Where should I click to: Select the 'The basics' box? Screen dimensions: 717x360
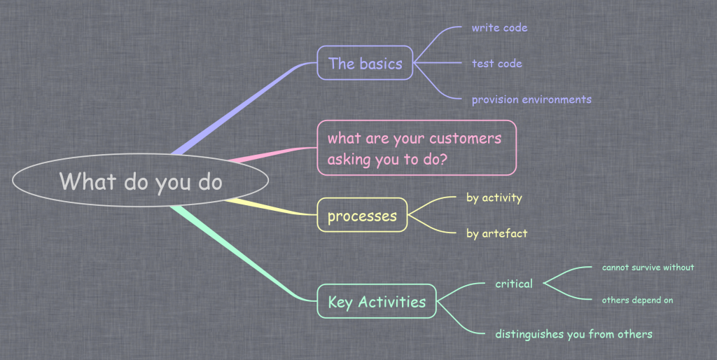pos(365,63)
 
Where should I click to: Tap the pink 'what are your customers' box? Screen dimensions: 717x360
pos(417,148)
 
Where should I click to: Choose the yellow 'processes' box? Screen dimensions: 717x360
pos(362,215)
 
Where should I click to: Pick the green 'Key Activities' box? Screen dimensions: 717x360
pos(377,301)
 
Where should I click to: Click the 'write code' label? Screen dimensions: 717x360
pos(499,28)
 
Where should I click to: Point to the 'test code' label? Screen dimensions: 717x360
pos(496,64)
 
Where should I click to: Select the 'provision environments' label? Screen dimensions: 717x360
pos(531,99)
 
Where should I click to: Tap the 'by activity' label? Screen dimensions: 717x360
pos(494,198)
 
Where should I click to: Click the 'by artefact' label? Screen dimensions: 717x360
pos(496,233)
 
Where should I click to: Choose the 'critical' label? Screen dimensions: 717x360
pos(513,284)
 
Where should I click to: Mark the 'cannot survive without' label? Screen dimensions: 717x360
pos(648,267)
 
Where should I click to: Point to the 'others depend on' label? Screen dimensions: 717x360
pos(637,300)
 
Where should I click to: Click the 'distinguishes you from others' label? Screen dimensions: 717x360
pos(573,334)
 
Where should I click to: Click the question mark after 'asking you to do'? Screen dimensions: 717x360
pos(443,159)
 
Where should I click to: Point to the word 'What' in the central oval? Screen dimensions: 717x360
pos(88,181)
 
